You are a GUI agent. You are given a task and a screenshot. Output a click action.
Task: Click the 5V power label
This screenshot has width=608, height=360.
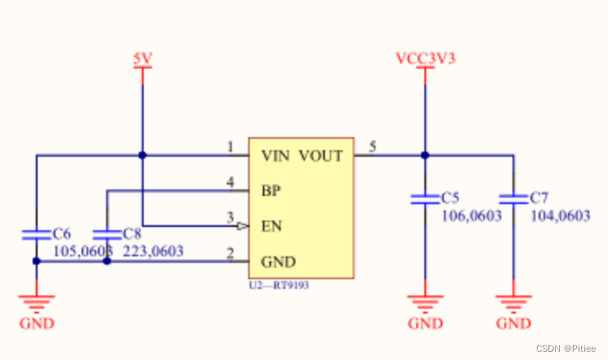[x=142, y=59]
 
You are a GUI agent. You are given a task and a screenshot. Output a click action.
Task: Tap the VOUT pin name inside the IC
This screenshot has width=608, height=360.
[x=321, y=154]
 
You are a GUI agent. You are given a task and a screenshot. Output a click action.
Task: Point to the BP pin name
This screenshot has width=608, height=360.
[x=270, y=191]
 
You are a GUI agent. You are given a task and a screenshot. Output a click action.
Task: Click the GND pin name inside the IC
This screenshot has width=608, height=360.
[x=277, y=262]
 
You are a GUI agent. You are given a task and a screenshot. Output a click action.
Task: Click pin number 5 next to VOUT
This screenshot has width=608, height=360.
[x=372, y=148]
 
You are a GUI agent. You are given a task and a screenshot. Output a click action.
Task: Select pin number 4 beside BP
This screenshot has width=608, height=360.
[x=230, y=184]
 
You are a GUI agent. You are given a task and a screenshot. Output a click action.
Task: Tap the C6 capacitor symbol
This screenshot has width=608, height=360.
[x=37, y=234]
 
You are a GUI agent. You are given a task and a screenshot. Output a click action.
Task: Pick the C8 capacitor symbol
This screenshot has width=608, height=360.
[x=107, y=234]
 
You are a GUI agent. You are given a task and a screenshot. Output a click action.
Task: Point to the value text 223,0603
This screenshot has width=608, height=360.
[x=153, y=251]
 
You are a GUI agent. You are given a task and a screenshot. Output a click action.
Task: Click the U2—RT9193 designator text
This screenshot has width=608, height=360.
[x=279, y=287]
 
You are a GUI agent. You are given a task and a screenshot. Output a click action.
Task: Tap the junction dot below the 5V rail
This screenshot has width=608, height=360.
[x=142, y=154]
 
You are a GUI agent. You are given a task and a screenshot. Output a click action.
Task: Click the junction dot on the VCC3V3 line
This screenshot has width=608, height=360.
[x=424, y=154]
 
